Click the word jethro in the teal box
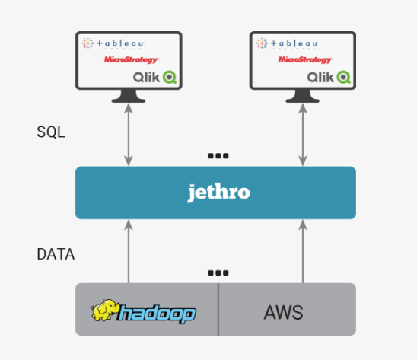(218, 193)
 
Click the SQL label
(51, 132)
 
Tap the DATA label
(56, 254)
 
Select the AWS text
(283, 311)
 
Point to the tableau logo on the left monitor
(116, 44)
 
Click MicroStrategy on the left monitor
(131, 59)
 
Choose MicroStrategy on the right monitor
(304, 59)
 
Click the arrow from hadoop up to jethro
(129, 251)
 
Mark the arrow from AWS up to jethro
(302, 251)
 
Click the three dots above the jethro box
(218, 156)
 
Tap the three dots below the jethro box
(218, 272)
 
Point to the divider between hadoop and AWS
(218, 309)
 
